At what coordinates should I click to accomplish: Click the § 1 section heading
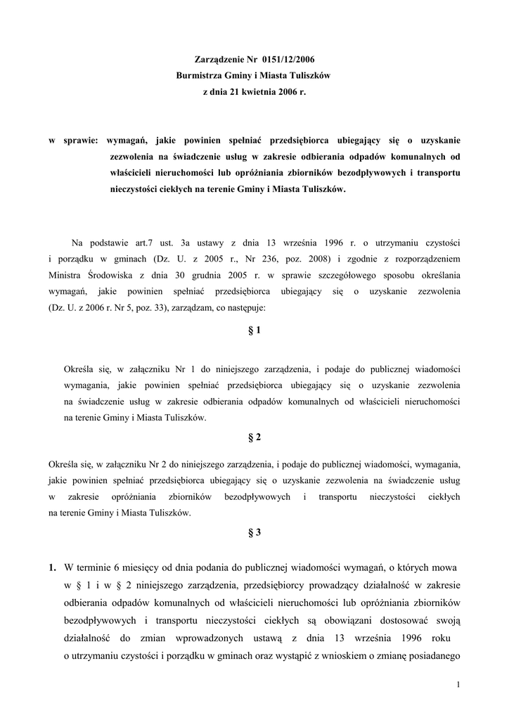pyautogui.click(x=254, y=330)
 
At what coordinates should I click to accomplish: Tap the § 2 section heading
pyautogui.click(x=254, y=437)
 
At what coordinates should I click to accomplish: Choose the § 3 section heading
pyautogui.click(x=254, y=532)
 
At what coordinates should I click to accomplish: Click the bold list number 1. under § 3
pyautogui.click(x=53, y=567)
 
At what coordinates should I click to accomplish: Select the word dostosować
pyautogui.click(x=411, y=621)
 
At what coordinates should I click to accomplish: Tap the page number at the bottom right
pyautogui.click(x=458, y=685)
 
